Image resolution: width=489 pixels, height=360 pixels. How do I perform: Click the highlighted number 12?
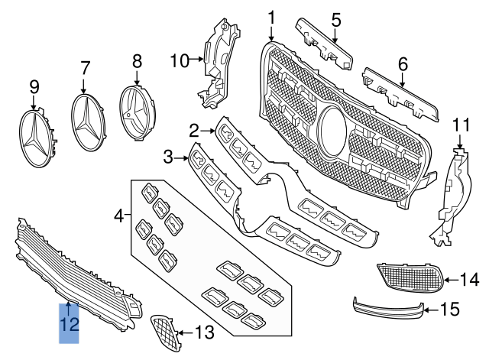(70, 324)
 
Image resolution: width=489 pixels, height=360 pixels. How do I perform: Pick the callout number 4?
(119, 217)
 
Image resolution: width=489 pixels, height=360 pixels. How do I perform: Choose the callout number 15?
(450, 310)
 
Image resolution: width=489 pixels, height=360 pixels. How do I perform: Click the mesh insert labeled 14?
(411, 277)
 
